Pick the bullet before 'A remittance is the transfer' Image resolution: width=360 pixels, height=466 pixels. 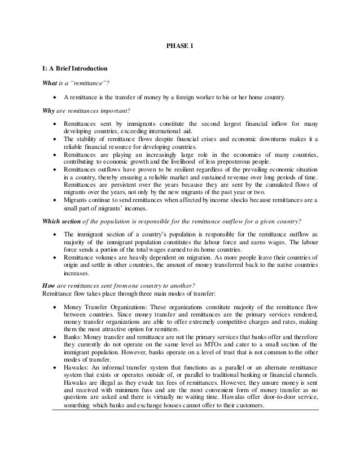54,97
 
